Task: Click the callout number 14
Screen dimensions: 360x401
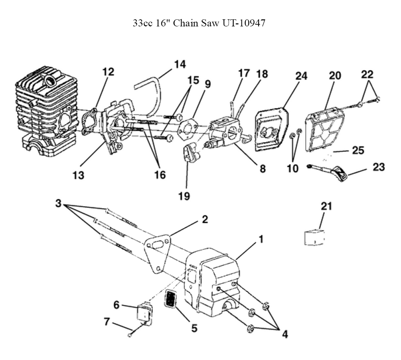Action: (x=180, y=65)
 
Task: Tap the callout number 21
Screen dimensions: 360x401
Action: (x=326, y=207)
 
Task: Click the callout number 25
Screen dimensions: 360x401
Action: (x=358, y=151)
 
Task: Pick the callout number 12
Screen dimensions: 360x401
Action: (x=108, y=72)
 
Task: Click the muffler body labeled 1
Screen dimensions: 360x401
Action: (x=213, y=281)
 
